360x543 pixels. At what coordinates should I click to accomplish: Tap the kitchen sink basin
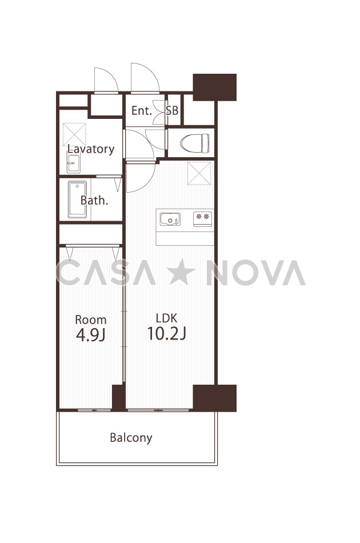point(170,219)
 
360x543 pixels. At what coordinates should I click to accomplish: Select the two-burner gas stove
point(202,219)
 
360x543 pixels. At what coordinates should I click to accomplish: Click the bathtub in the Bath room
point(77,199)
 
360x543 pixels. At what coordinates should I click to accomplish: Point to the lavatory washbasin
point(73,163)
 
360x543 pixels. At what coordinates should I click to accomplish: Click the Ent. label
point(142,111)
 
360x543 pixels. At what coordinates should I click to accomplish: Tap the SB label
point(172,111)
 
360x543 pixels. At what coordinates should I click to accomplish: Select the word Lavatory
point(91,149)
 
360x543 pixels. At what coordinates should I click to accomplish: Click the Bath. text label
point(94,200)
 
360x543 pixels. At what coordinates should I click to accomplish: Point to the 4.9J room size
point(91,335)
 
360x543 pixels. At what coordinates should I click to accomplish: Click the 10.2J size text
point(167,333)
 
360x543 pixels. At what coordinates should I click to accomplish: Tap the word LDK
point(166,318)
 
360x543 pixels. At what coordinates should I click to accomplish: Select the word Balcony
point(131,438)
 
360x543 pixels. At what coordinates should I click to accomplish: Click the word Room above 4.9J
point(91,320)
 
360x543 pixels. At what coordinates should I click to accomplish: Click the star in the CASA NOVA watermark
point(182,273)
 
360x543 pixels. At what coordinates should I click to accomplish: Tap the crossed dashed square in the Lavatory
point(74,134)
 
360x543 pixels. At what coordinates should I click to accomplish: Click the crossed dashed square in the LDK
point(199,173)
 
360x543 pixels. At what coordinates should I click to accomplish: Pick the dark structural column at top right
point(215,87)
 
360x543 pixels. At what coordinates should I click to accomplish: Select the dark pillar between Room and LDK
point(118,397)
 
